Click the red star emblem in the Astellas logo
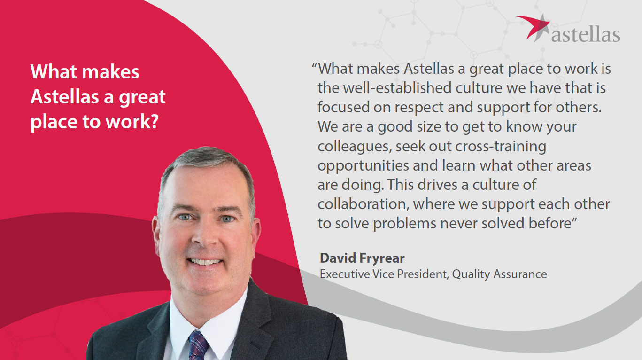[534, 28]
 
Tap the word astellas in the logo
[586, 35]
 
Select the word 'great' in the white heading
[142, 97]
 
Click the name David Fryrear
[362, 258]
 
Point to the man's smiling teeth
[205, 262]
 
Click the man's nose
[206, 235]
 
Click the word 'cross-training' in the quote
[501, 147]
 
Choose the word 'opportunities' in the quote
[363, 166]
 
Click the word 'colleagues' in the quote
[355, 147]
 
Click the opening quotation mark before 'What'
[314, 65]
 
